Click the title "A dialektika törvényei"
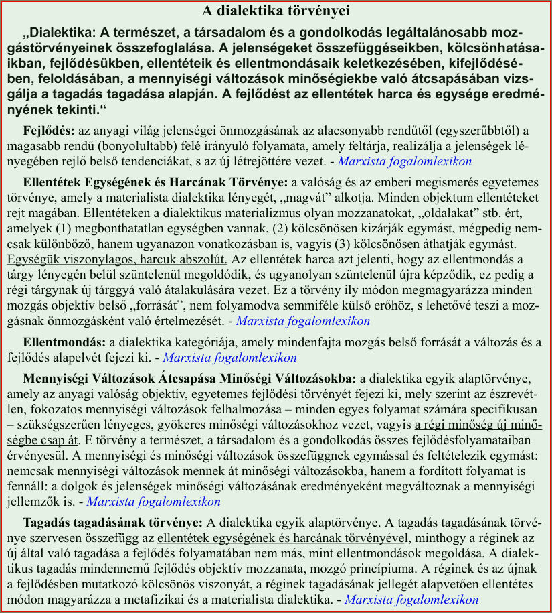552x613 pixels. pyautogui.click(x=276, y=11)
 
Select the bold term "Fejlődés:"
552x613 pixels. pyautogui.click(x=50, y=130)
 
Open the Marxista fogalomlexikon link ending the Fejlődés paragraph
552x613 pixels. pyautogui.click(x=405, y=161)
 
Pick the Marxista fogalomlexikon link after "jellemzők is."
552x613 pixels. pyautogui.click(x=154, y=501)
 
